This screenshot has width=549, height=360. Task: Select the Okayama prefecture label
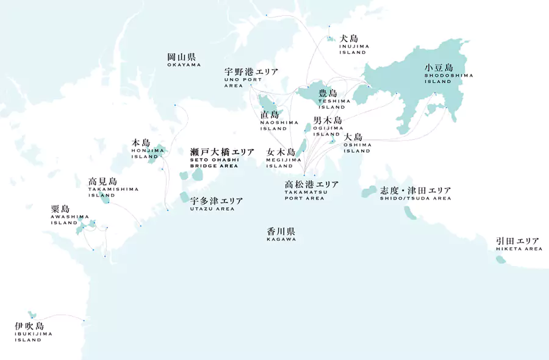(184, 60)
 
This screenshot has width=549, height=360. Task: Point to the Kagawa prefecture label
(281, 235)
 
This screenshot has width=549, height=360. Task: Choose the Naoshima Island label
(273, 120)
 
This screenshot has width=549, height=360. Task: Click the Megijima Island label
(281, 157)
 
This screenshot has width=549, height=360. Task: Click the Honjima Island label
(145, 149)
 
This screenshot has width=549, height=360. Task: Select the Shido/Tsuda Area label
(415, 193)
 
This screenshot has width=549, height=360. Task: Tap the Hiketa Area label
(519, 244)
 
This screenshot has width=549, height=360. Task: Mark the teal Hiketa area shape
(501, 260)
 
